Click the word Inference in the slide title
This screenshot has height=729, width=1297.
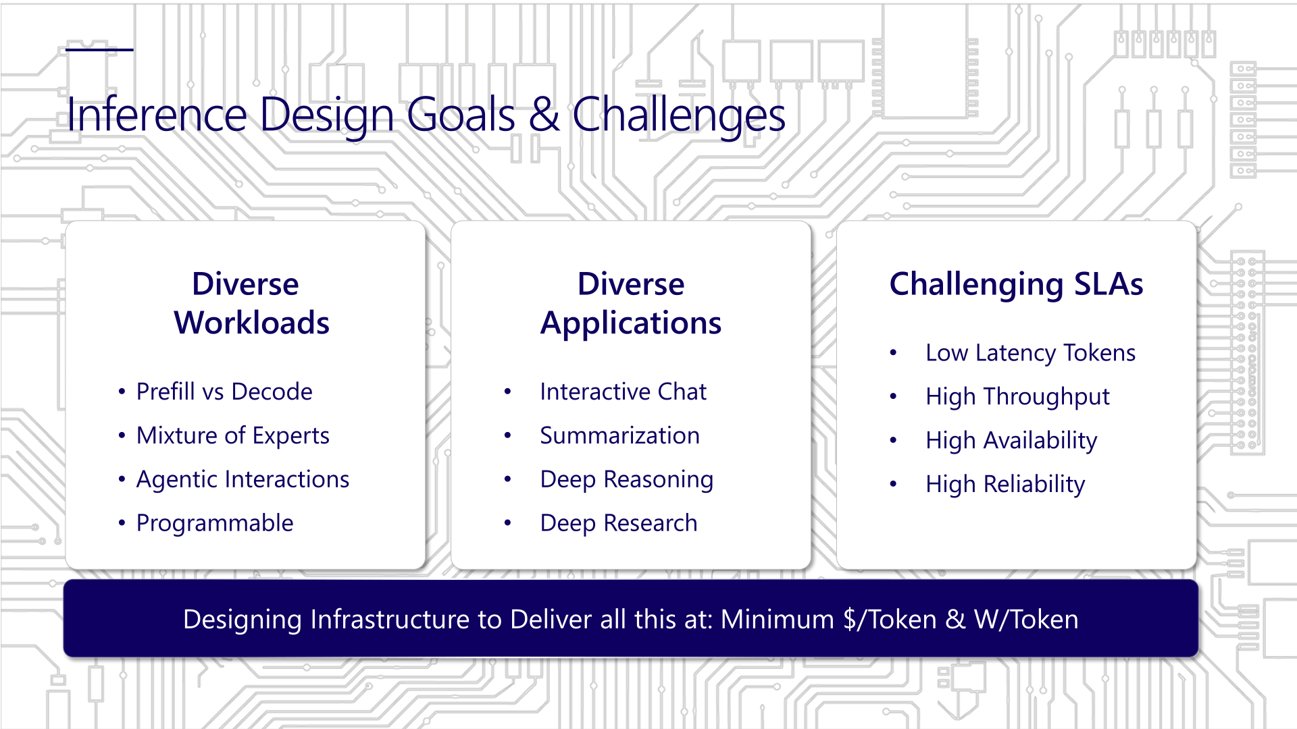(x=157, y=114)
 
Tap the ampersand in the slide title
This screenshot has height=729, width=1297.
(x=544, y=114)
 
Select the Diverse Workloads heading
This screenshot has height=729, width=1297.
(x=251, y=303)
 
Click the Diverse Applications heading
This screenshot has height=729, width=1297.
(x=631, y=303)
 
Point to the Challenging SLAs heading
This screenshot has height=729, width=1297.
(x=1016, y=284)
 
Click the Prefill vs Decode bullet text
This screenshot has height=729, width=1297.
(x=224, y=391)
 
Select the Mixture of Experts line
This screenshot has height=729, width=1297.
(x=233, y=435)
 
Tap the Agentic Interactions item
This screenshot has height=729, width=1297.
(x=243, y=479)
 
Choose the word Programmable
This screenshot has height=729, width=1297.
(x=215, y=523)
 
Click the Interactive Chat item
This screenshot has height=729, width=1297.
(x=623, y=391)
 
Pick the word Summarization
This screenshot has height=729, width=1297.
(x=619, y=435)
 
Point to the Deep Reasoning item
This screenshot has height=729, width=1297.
(x=627, y=479)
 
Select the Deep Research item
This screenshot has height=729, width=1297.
(x=619, y=523)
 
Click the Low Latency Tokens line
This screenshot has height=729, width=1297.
(x=1031, y=353)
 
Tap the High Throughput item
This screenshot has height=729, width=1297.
(x=1017, y=397)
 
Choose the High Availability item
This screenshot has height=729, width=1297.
(x=1011, y=441)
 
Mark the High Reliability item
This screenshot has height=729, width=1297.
(x=1005, y=485)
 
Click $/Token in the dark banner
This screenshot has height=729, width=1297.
(x=890, y=620)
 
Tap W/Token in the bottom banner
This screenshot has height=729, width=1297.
(x=1026, y=620)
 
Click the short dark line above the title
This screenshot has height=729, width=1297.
(x=99, y=49)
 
